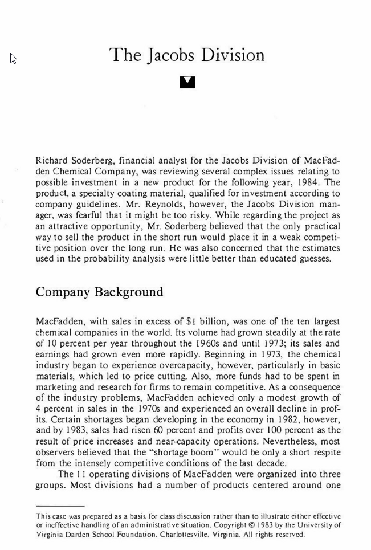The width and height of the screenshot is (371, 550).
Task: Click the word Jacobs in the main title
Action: [x=170, y=56]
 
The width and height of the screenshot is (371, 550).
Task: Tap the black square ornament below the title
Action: [x=187, y=82]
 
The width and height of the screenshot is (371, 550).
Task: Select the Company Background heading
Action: [x=99, y=292]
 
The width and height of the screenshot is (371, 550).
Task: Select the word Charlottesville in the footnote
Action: [x=172, y=535]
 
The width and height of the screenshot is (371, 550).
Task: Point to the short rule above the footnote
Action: [x=60, y=506]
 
